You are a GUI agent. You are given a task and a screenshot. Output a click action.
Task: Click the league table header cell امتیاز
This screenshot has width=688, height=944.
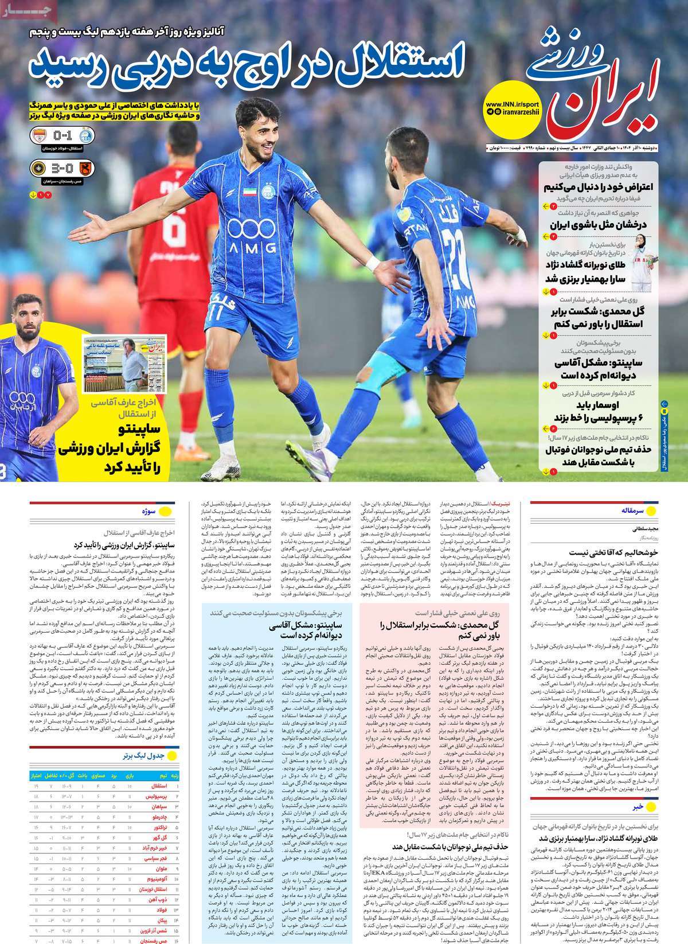click(x=36, y=775)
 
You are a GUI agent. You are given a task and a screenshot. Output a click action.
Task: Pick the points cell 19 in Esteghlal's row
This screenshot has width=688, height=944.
click(x=36, y=787)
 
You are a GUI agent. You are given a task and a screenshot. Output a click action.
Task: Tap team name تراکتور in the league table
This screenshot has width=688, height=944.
click(x=160, y=829)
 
